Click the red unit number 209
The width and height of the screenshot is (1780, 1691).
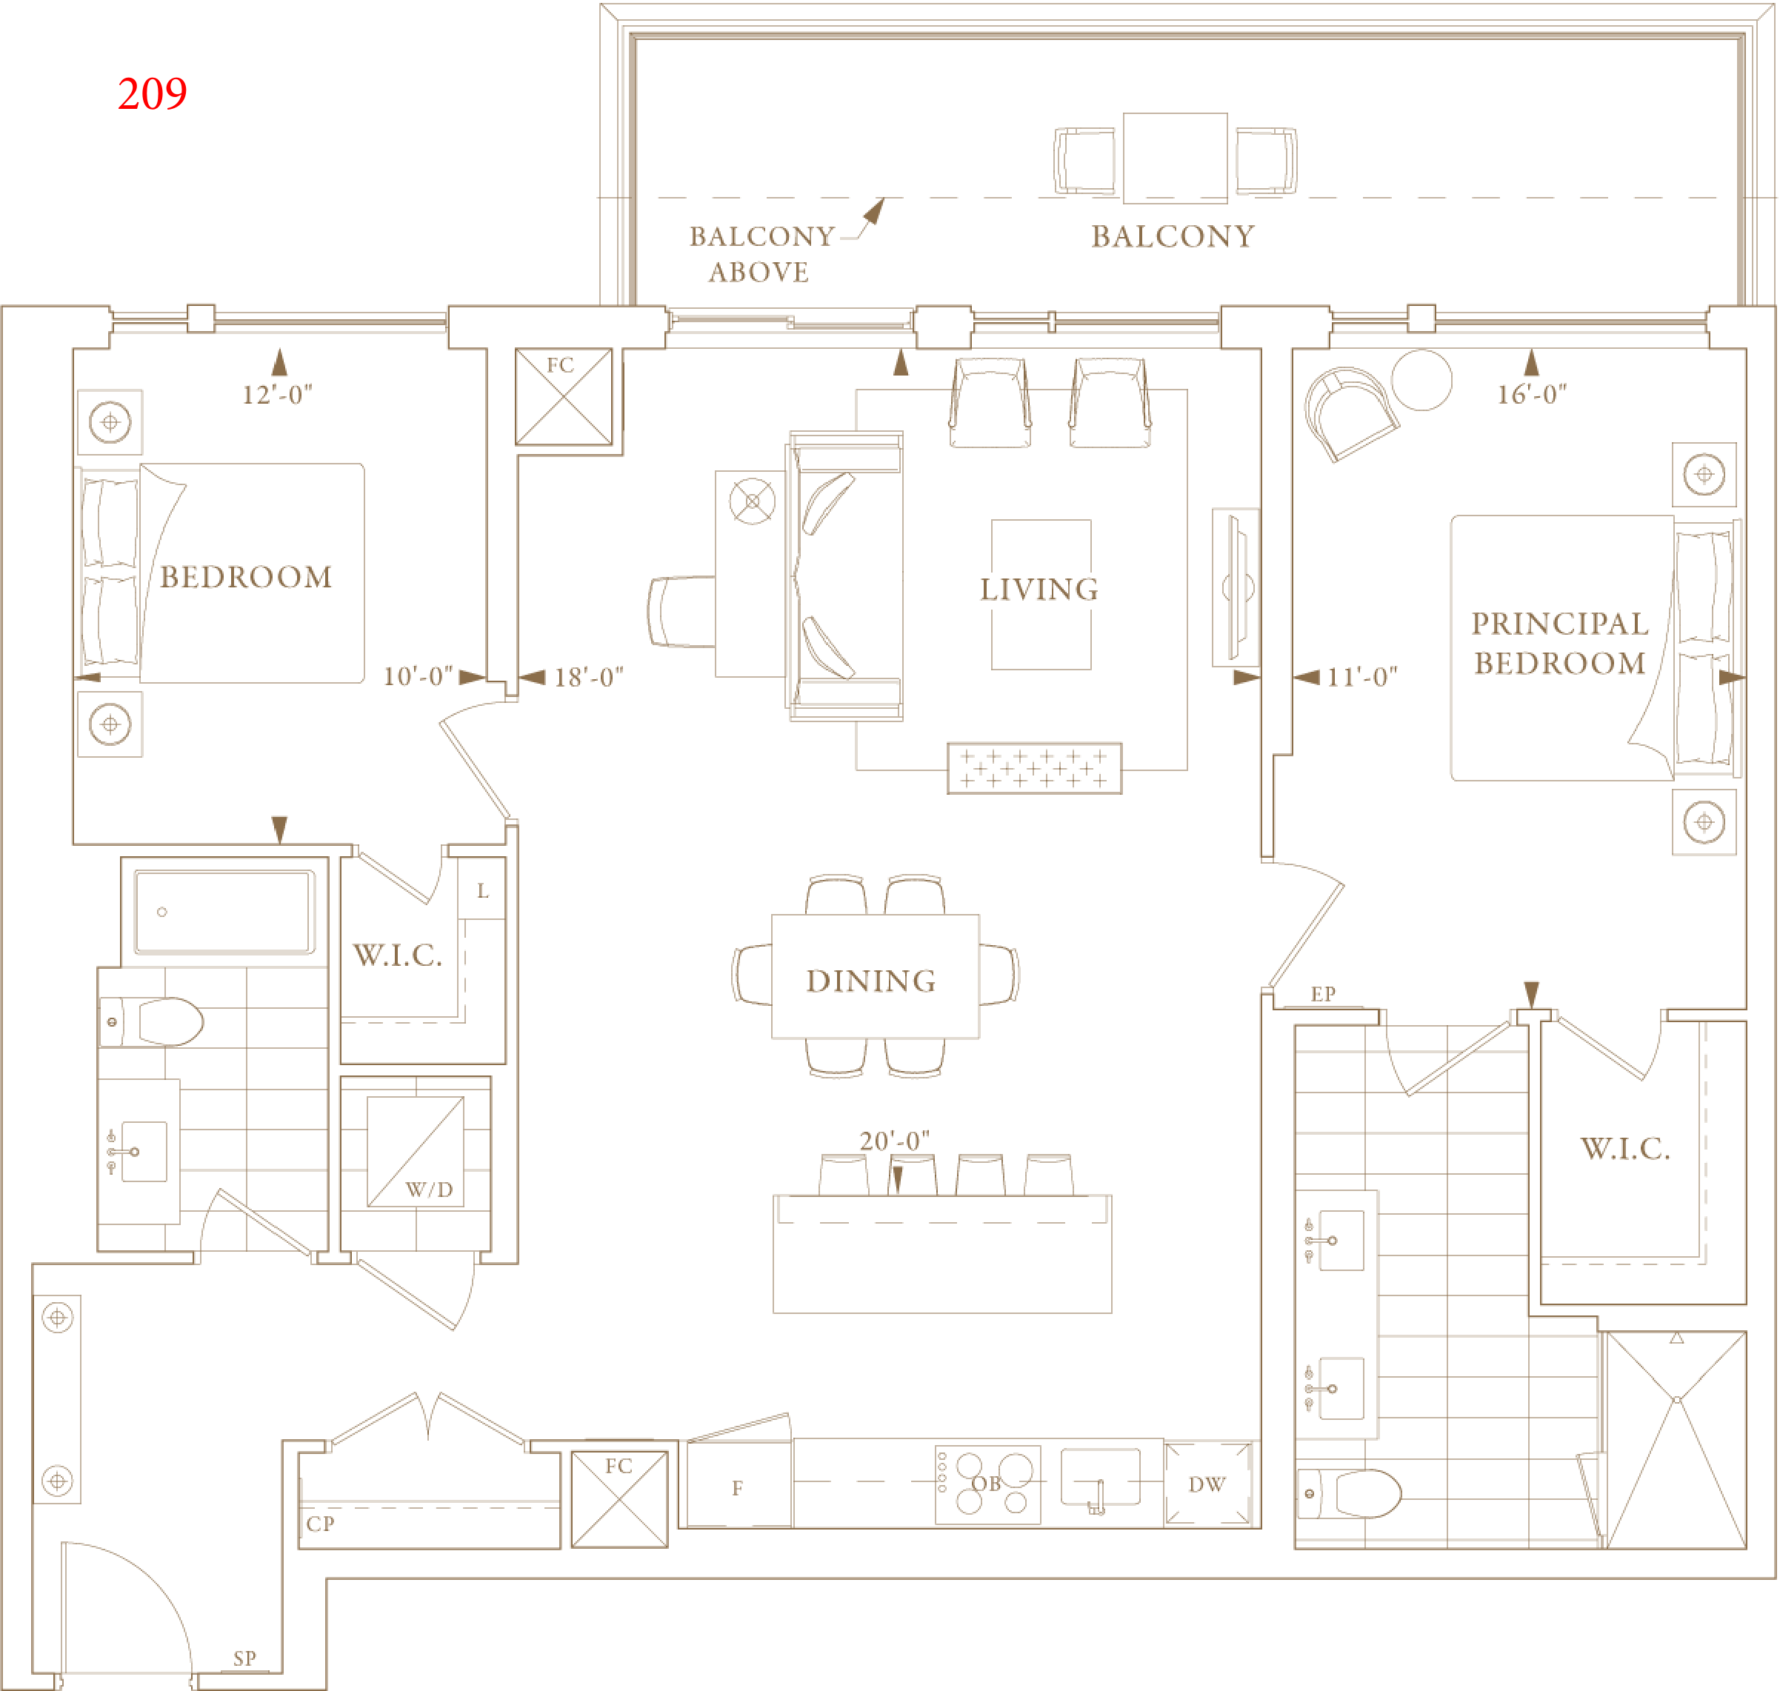[153, 94]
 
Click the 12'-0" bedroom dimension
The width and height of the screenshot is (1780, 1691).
[278, 395]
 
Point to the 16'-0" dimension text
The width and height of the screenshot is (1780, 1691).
[1532, 394]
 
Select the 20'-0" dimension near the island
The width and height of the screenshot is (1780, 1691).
[894, 1141]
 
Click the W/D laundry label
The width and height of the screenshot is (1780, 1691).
[429, 1190]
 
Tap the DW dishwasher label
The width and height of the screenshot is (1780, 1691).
[1207, 1484]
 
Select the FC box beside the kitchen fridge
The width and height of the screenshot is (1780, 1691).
[620, 1500]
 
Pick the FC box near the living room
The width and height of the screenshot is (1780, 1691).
[563, 396]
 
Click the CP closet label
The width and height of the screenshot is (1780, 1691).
[320, 1524]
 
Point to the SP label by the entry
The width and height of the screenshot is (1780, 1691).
[244, 1658]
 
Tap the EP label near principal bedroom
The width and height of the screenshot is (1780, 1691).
[1323, 994]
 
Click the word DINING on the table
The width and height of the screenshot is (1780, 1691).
[870, 981]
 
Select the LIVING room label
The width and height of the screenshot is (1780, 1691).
[1039, 590]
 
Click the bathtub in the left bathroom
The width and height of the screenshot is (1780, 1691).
[224, 911]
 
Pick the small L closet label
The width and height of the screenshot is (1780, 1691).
[483, 892]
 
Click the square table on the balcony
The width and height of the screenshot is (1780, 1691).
[1176, 158]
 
